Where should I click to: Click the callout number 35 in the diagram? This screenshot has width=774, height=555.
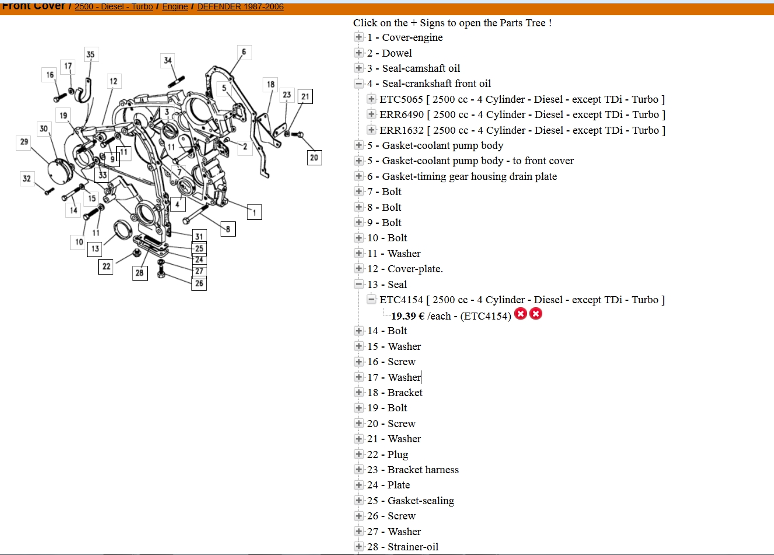pyautogui.click(x=90, y=54)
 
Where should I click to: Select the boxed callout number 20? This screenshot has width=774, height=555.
pyautogui.click(x=314, y=157)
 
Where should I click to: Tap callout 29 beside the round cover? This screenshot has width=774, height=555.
pyautogui.click(x=24, y=142)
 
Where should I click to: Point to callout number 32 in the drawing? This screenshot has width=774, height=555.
pyautogui.click(x=27, y=179)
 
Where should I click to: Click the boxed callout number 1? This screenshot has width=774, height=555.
pyautogui.click(x=254, y=212)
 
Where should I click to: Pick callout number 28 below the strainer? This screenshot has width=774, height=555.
pyautogui.click(x=140, y=273)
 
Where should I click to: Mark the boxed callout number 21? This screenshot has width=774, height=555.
pyautogui.click(x=305, y=96)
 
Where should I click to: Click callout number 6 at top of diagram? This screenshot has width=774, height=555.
pyautogui.click(x=244, y=52)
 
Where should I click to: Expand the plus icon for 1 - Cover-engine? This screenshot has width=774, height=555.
pyautogui.click(x=359, y=37)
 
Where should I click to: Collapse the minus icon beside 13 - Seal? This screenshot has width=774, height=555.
pyautogui.click(x=359, y=285)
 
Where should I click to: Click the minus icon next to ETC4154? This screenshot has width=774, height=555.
pyautogui.click(x=371, y=300)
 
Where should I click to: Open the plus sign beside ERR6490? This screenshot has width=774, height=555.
pyautogui.click(x=371, y=115)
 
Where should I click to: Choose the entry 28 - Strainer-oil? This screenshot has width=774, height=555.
pyautogui.click(x=402, y=547)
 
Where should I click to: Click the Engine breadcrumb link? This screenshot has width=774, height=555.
pyautogui.click(x=175, y=6)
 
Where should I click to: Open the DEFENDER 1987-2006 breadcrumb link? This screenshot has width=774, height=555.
pyautogui.click(x=240, y=6)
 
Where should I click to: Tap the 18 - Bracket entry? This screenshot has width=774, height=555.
pyautogui.click(x=395, y=393)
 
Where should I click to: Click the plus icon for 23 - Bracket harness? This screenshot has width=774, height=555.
pyautogui.click(x=359, y=470)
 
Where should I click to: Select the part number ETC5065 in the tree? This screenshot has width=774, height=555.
pyautogui.click(x=401, y=99)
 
